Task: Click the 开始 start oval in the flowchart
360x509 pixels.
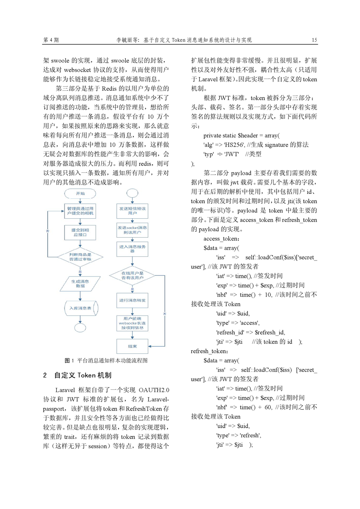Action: tap(80, 193)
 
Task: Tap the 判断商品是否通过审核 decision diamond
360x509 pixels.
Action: tap(80, 257)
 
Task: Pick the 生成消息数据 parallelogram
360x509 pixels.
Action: tap(80, 284)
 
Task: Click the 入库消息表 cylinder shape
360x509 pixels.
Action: tap(80, 308)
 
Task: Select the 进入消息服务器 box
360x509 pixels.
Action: tap(132, 249)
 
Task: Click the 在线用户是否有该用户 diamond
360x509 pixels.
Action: tap(132, 276)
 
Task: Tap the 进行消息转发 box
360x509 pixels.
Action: tap(132, 300)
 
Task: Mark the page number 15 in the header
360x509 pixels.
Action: tap(314, 40)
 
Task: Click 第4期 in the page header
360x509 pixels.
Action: tap(51, 40)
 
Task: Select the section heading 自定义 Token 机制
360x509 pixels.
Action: tap(86, 376)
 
